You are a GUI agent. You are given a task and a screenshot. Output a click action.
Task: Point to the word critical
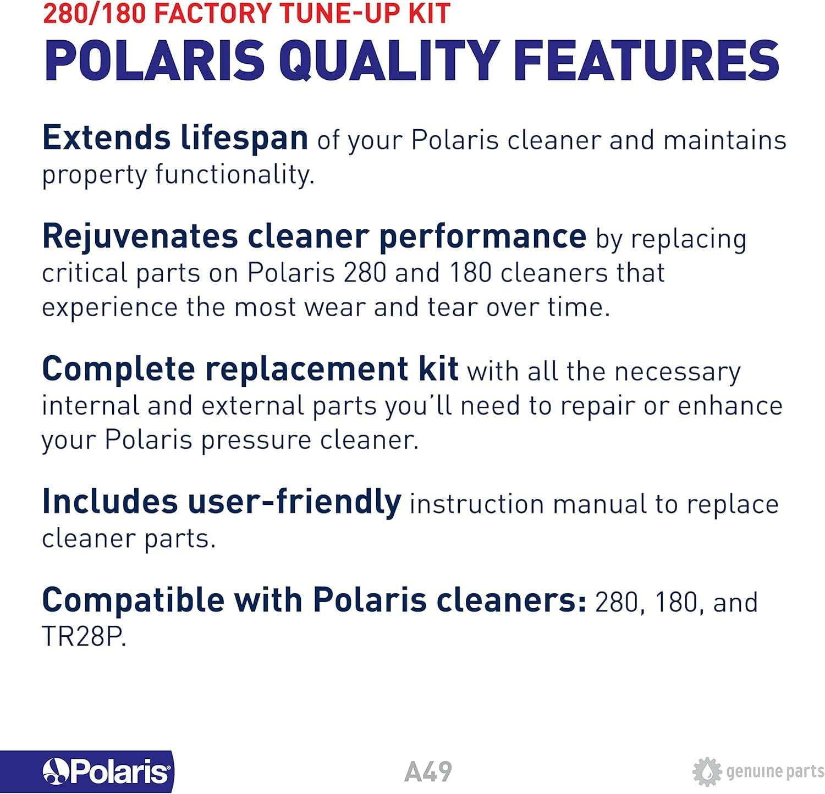84,273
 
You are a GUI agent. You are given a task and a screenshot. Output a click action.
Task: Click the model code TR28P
84,637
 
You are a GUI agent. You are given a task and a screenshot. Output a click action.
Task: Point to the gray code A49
428,771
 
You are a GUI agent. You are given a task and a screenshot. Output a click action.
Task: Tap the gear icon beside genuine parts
707,772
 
